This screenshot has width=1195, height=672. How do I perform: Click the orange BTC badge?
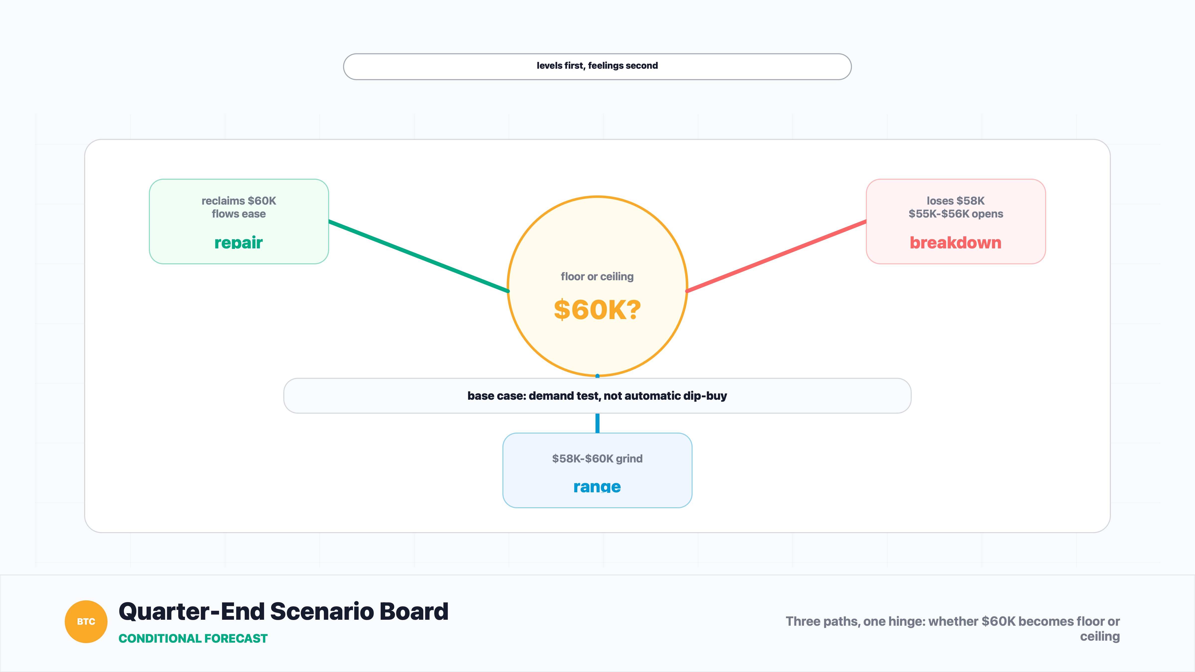click(86, 621)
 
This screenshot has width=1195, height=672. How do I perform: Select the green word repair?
click(239, 243)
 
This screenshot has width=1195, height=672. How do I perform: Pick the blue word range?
click(597, 487)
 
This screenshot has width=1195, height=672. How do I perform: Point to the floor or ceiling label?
click(597, 277)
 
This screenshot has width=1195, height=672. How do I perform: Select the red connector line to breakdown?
click(776, 256)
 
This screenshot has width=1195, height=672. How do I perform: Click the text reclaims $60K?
click(239, 201)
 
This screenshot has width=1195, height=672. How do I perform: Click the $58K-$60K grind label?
click(597, 459)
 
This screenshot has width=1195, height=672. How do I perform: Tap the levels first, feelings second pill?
click(597, 66)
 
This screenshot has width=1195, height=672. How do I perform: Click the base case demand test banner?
click(597, 395)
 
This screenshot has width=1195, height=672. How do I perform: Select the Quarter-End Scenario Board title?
click(284, 611)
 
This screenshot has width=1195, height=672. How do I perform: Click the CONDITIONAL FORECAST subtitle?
click(193, 639)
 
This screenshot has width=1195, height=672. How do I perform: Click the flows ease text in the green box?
click(239, 214)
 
